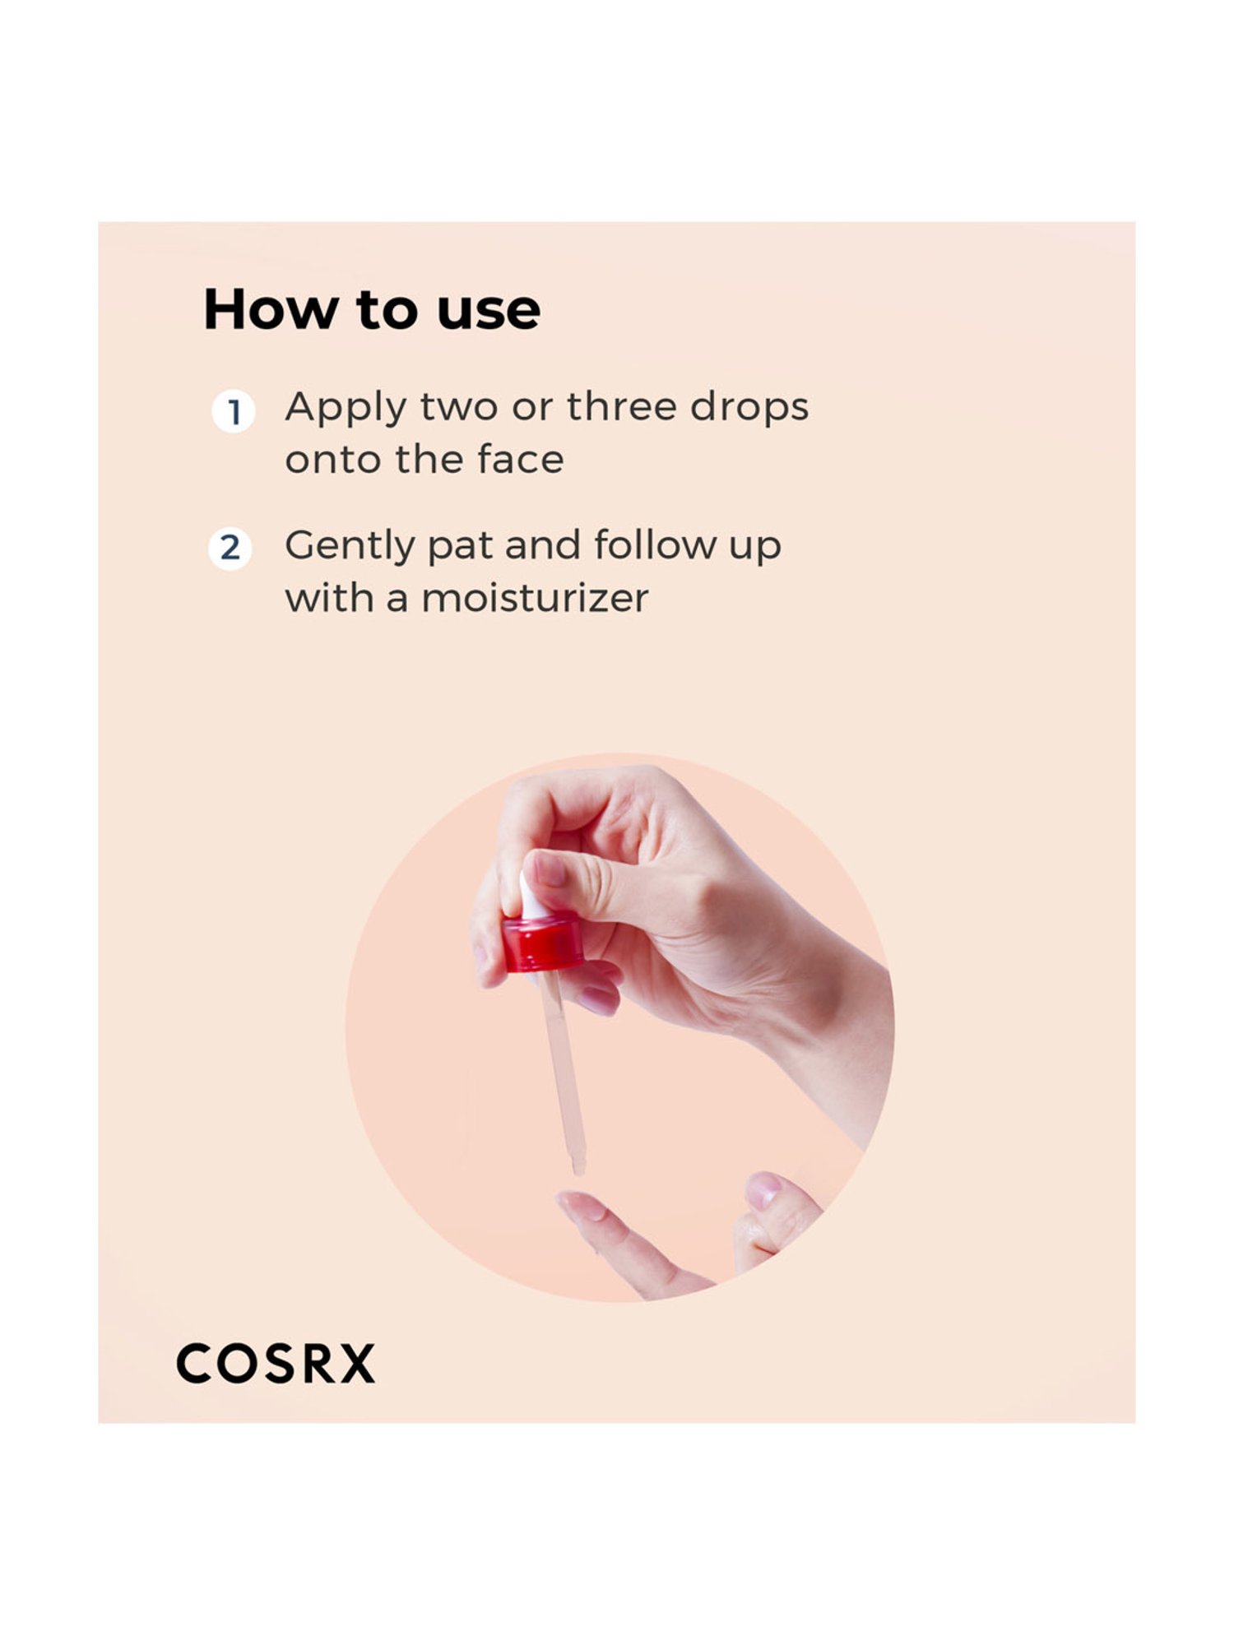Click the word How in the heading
[x=271, y=310]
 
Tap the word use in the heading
[x=489, y=312]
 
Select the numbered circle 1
[x=234, y=411]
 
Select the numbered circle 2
[x=230, y=548]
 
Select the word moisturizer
[x=535, y=598]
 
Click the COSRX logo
[x=276, y=1364]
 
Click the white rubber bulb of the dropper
[x=531, y=897]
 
